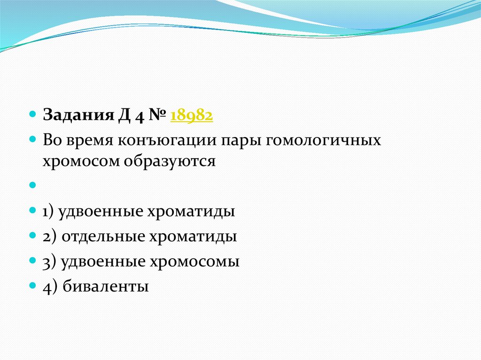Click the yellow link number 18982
pos(192,115)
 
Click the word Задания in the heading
pos(78,115)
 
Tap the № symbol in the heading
pos(157,115)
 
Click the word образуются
pos(170,161)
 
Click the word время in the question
pos(89,140)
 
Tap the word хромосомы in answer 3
pos(194,261)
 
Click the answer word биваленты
pos(106,286)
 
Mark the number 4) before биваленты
pos(50,287)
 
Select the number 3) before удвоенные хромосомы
pos(49,262)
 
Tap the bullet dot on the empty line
pos(32,185)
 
